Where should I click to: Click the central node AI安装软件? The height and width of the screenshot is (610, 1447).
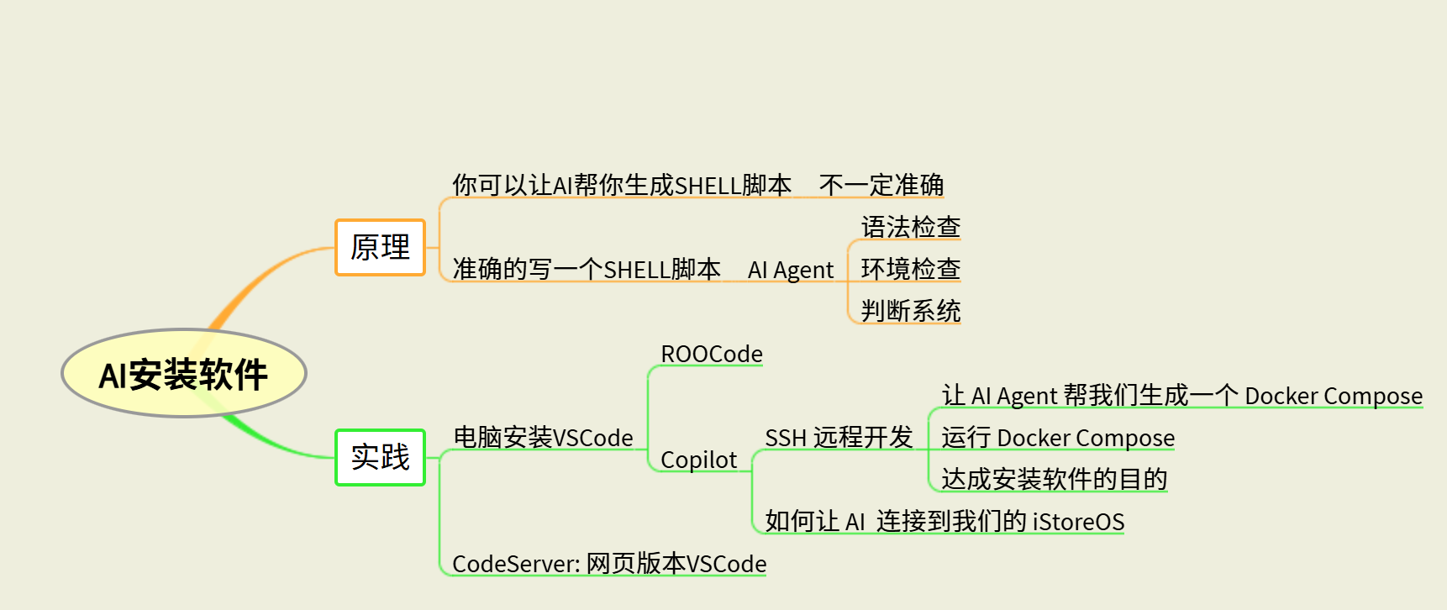(x=184, y=373)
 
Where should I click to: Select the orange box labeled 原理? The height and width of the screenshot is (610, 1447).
(x=380, y=247)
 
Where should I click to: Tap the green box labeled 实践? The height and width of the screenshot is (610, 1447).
(x=380, y=457)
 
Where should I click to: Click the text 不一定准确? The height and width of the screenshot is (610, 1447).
(x=881, y=185)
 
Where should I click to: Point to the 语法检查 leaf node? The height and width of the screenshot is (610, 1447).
(x=910, y=227)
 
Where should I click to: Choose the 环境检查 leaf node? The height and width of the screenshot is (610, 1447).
(x=910, y=269)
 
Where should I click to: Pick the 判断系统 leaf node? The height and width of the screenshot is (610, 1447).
(x=910, y=311)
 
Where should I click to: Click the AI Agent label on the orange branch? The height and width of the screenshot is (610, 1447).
(x=790, y=270)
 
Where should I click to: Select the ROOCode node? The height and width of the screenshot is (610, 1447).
(x=711, y=354)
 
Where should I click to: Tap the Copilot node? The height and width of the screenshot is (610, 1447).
(x=698, y=460)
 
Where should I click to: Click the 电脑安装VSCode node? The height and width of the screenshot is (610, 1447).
(x=543, y=438)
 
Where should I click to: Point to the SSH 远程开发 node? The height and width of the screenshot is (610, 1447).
(x=838, y=438)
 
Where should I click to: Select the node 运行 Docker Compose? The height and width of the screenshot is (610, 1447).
(x=1057, y=438)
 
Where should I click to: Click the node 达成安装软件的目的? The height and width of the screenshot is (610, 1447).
(x=1054, y=479)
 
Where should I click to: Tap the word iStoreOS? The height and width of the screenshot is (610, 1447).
(x=1078, y=522)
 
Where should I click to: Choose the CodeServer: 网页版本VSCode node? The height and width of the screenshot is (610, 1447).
(x=608, y=564)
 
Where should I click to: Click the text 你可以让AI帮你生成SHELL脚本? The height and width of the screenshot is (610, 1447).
(x=622, y=185)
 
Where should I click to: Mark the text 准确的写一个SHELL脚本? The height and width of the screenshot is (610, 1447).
(x=587, y=270)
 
